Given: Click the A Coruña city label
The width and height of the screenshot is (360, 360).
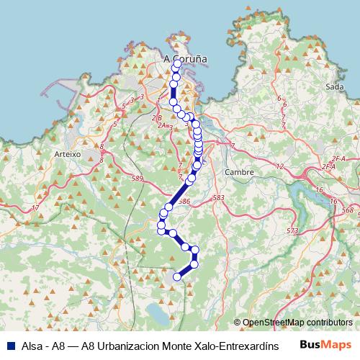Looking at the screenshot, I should tap(186, 59).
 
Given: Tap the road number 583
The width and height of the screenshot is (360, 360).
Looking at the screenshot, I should tap(219, 197).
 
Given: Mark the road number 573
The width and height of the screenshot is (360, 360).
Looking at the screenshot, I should tap(292, 230).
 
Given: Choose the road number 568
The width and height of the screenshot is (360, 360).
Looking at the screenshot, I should tap(348, 210).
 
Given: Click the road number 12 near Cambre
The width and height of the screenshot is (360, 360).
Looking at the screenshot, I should tap(280, 166).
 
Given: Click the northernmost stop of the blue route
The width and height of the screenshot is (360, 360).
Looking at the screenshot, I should tap(177, 64).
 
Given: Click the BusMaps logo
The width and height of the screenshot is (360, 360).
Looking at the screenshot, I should tap(325, 344).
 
